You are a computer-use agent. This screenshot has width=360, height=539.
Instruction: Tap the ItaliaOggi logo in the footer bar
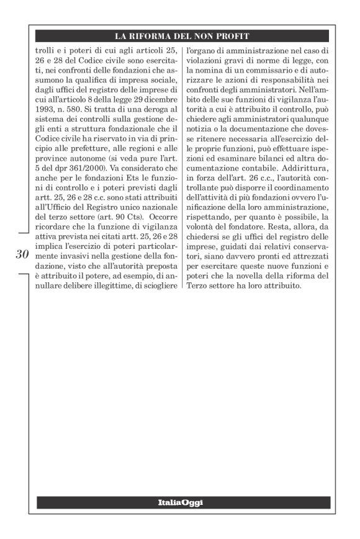coord(180,502)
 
